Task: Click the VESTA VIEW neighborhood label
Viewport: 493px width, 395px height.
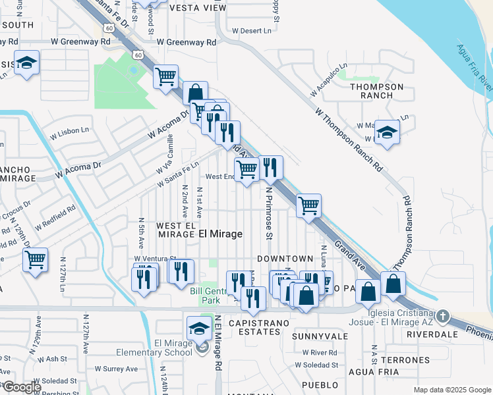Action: coord(198,8)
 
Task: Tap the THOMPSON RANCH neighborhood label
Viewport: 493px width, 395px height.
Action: coord(376,91)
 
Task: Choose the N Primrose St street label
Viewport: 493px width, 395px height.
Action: coord(269,213)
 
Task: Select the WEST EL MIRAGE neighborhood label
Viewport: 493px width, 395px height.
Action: coord(175,230)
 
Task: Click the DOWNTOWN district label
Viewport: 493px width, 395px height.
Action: coord(285,259)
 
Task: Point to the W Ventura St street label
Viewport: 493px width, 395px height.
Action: coord(156,259)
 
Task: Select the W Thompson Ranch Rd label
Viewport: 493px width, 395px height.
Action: coord(349,141)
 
